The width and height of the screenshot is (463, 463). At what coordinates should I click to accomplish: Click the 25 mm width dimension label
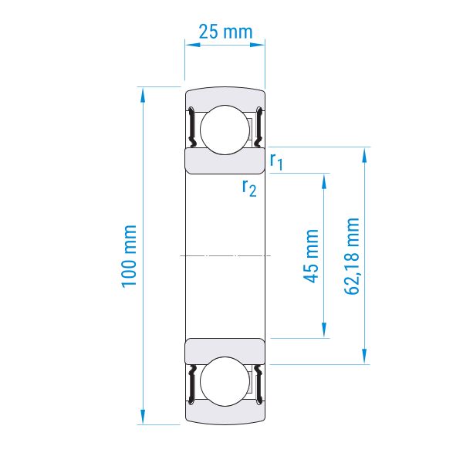(225, 32)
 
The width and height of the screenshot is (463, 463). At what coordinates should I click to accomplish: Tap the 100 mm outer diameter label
(129, 256)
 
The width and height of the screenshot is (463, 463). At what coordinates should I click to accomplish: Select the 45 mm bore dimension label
(311, 256)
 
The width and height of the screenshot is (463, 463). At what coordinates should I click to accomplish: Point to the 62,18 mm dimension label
(352, 256)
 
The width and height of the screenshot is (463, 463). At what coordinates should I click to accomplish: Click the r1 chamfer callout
(276, 162)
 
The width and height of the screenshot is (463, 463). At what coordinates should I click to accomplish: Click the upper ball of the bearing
(225, 130)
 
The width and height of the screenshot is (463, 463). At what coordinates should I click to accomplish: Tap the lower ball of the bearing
(225, 381)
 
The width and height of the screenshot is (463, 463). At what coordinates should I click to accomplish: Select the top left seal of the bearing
(191, 127)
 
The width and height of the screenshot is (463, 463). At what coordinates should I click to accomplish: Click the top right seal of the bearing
(259, 127)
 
